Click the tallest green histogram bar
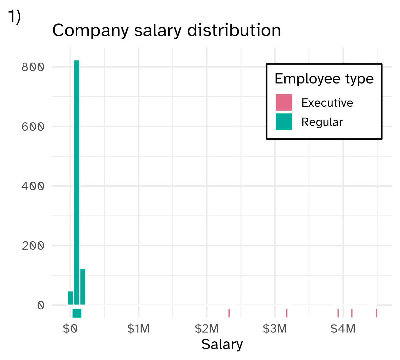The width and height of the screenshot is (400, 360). (77, 181)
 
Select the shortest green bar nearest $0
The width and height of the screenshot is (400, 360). (70, 298)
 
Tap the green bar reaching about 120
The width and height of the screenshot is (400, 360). (83, 287)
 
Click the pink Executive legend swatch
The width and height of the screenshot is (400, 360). (284, 102)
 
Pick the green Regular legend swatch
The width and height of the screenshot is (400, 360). (284, 122)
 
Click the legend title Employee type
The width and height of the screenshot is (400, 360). (324, 79)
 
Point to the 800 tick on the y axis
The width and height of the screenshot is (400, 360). (33, 67)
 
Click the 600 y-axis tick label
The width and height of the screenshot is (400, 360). (33, 127)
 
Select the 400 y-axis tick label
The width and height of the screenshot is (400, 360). (33, 186)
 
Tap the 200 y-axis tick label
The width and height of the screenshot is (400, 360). (33, 246)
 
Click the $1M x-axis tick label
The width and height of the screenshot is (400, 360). (138, 329)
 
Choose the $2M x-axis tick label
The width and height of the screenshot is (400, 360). (207, 329)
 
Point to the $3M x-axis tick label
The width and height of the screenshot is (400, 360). (275, 329)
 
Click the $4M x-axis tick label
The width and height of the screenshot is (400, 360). (343, 329)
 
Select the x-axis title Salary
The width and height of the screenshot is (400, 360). (222, 344)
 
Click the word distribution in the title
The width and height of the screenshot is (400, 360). (234, 30)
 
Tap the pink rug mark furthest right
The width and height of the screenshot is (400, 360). (376, 313)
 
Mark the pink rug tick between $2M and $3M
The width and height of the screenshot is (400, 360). (229, 313)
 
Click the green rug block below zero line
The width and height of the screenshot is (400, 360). (77, 313)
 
